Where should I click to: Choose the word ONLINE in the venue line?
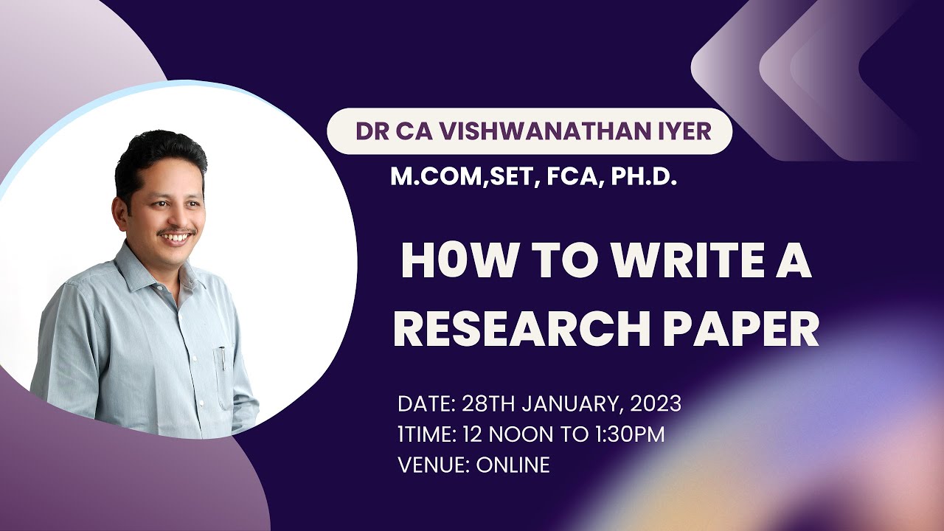point(513,465)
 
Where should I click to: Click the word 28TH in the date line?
point(485,404)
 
